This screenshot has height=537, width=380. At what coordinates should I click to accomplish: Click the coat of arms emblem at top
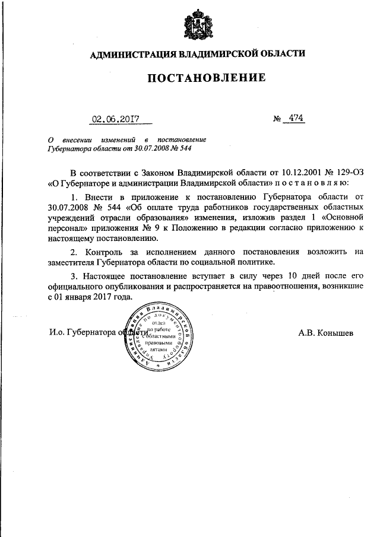(197, 24)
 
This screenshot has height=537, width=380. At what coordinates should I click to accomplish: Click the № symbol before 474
(277, 119)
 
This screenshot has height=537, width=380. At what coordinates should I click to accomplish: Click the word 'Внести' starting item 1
(94, 196)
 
